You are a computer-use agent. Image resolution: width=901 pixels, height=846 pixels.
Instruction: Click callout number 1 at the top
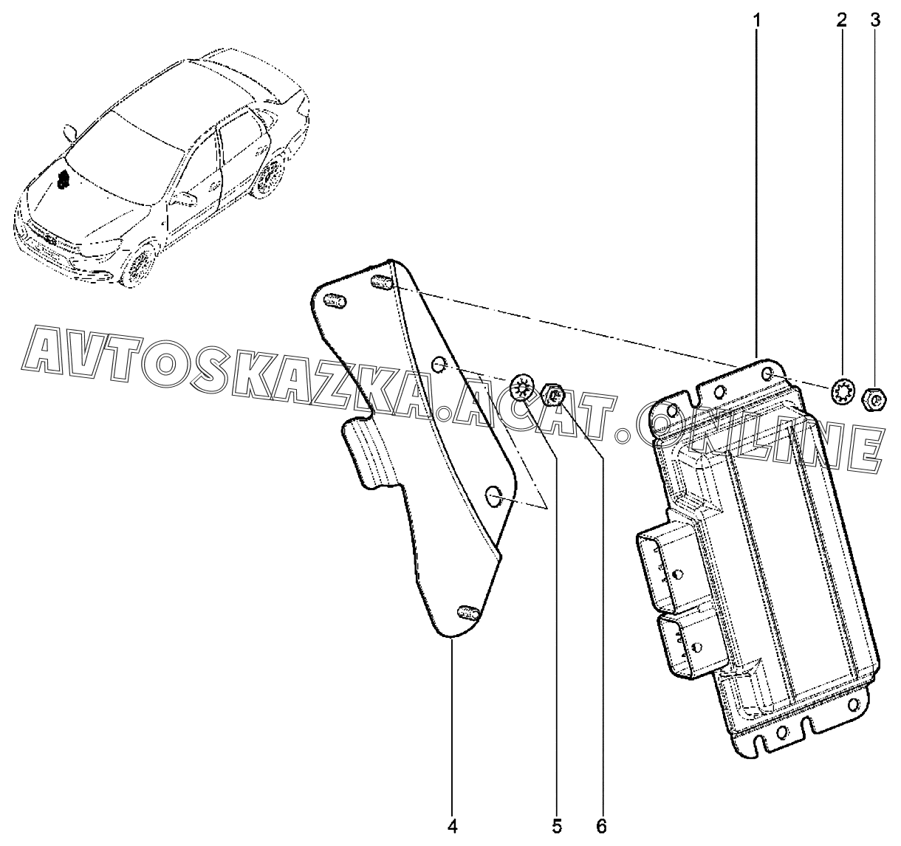pos(756,21)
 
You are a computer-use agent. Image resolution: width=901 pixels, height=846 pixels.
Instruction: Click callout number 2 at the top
pos(842,21)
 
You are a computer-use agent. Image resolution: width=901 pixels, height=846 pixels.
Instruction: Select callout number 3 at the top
pos(876,21)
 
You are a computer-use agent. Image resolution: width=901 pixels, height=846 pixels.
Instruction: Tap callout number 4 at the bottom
pos(452,826)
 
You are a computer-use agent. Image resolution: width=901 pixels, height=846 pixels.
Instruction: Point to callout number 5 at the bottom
pos(557,826)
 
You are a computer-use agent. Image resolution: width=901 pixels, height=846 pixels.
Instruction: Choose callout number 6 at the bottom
pos(601,826)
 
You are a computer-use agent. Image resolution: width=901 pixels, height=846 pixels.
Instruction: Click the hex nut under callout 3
pos(874,399)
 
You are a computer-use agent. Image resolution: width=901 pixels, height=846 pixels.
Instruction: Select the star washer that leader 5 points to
pos(521,388)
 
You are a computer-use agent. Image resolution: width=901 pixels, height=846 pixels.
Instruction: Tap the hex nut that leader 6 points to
pos(553,395)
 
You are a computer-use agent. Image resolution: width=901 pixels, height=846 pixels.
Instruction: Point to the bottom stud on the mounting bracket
pos(469,612)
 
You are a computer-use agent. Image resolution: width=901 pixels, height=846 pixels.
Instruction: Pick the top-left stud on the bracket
pos(335,300)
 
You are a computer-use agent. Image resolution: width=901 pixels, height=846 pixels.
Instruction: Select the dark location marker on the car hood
pos(62,177)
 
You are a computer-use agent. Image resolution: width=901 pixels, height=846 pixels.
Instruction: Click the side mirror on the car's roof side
pos(70,131)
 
